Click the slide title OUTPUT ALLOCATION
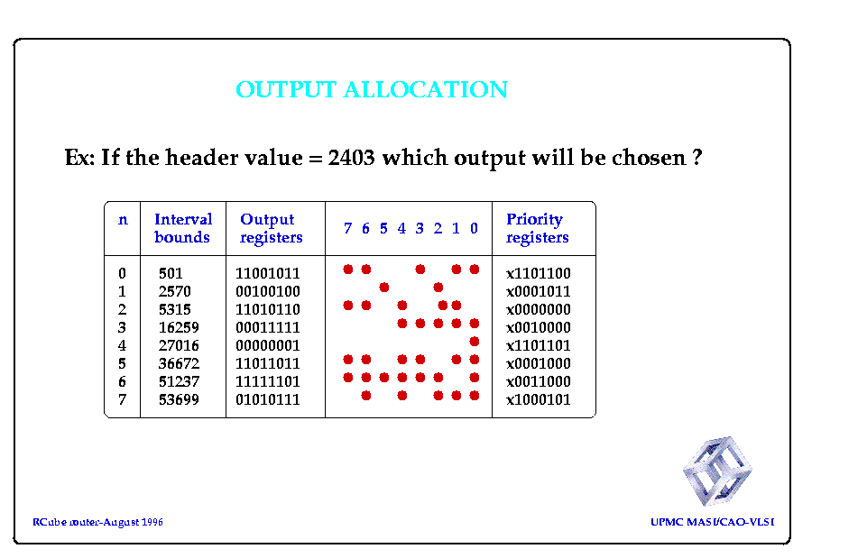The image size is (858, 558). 372,89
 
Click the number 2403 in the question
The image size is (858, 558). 351,158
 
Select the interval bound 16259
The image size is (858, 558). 179,327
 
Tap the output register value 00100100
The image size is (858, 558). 268,291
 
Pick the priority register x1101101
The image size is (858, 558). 539,345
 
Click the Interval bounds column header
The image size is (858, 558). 183,228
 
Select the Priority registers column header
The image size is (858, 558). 538,228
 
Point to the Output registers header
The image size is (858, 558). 271,228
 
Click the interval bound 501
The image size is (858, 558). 171,273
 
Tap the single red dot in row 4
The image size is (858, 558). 475,342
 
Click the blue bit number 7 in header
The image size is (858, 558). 347,228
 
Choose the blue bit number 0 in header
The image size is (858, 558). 474,228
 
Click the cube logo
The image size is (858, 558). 717,470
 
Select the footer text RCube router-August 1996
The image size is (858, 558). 97,522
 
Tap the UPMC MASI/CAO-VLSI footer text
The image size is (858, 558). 713,522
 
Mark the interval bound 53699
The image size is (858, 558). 179,399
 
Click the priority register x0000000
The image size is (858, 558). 539,309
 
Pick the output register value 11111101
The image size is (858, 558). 268,381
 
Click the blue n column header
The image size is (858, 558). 123,220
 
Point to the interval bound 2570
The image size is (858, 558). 174,291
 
